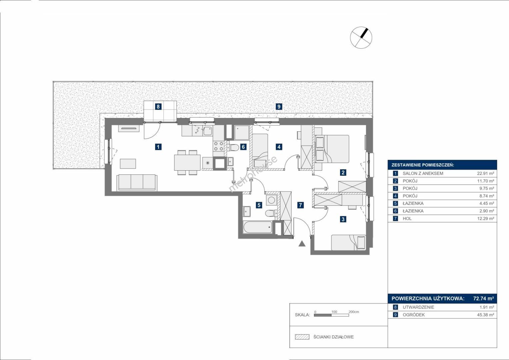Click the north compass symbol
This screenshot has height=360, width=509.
(x=361, y=37)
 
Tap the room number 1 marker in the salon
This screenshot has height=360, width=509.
(x=158, y=147)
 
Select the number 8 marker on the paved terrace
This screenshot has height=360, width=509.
(x=158, y=106)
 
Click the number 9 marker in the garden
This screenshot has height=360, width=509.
(x=279, y=106)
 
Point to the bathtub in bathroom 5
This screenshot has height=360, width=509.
(x=258, y=227)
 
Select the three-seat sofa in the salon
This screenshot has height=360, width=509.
(x=137, y=182)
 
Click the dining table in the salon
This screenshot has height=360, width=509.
(x=187, y=162)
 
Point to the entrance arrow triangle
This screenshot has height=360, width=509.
(x=302, y=244)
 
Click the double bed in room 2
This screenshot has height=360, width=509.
(x=332, y=149)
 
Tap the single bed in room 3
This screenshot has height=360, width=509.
(x=348, y=243)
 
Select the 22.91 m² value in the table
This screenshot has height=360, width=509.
(x=485, y=173)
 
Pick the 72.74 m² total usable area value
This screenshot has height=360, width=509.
(x=483, y=298)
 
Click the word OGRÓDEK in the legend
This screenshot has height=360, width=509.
(x=414, y=315)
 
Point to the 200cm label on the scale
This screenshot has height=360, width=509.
(x=354, y=312)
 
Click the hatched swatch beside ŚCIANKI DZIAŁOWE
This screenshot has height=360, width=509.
(x=302, y=337)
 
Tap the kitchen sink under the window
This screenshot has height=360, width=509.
(x=208, y=131)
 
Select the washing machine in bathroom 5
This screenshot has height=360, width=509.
(x=271, y=200)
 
